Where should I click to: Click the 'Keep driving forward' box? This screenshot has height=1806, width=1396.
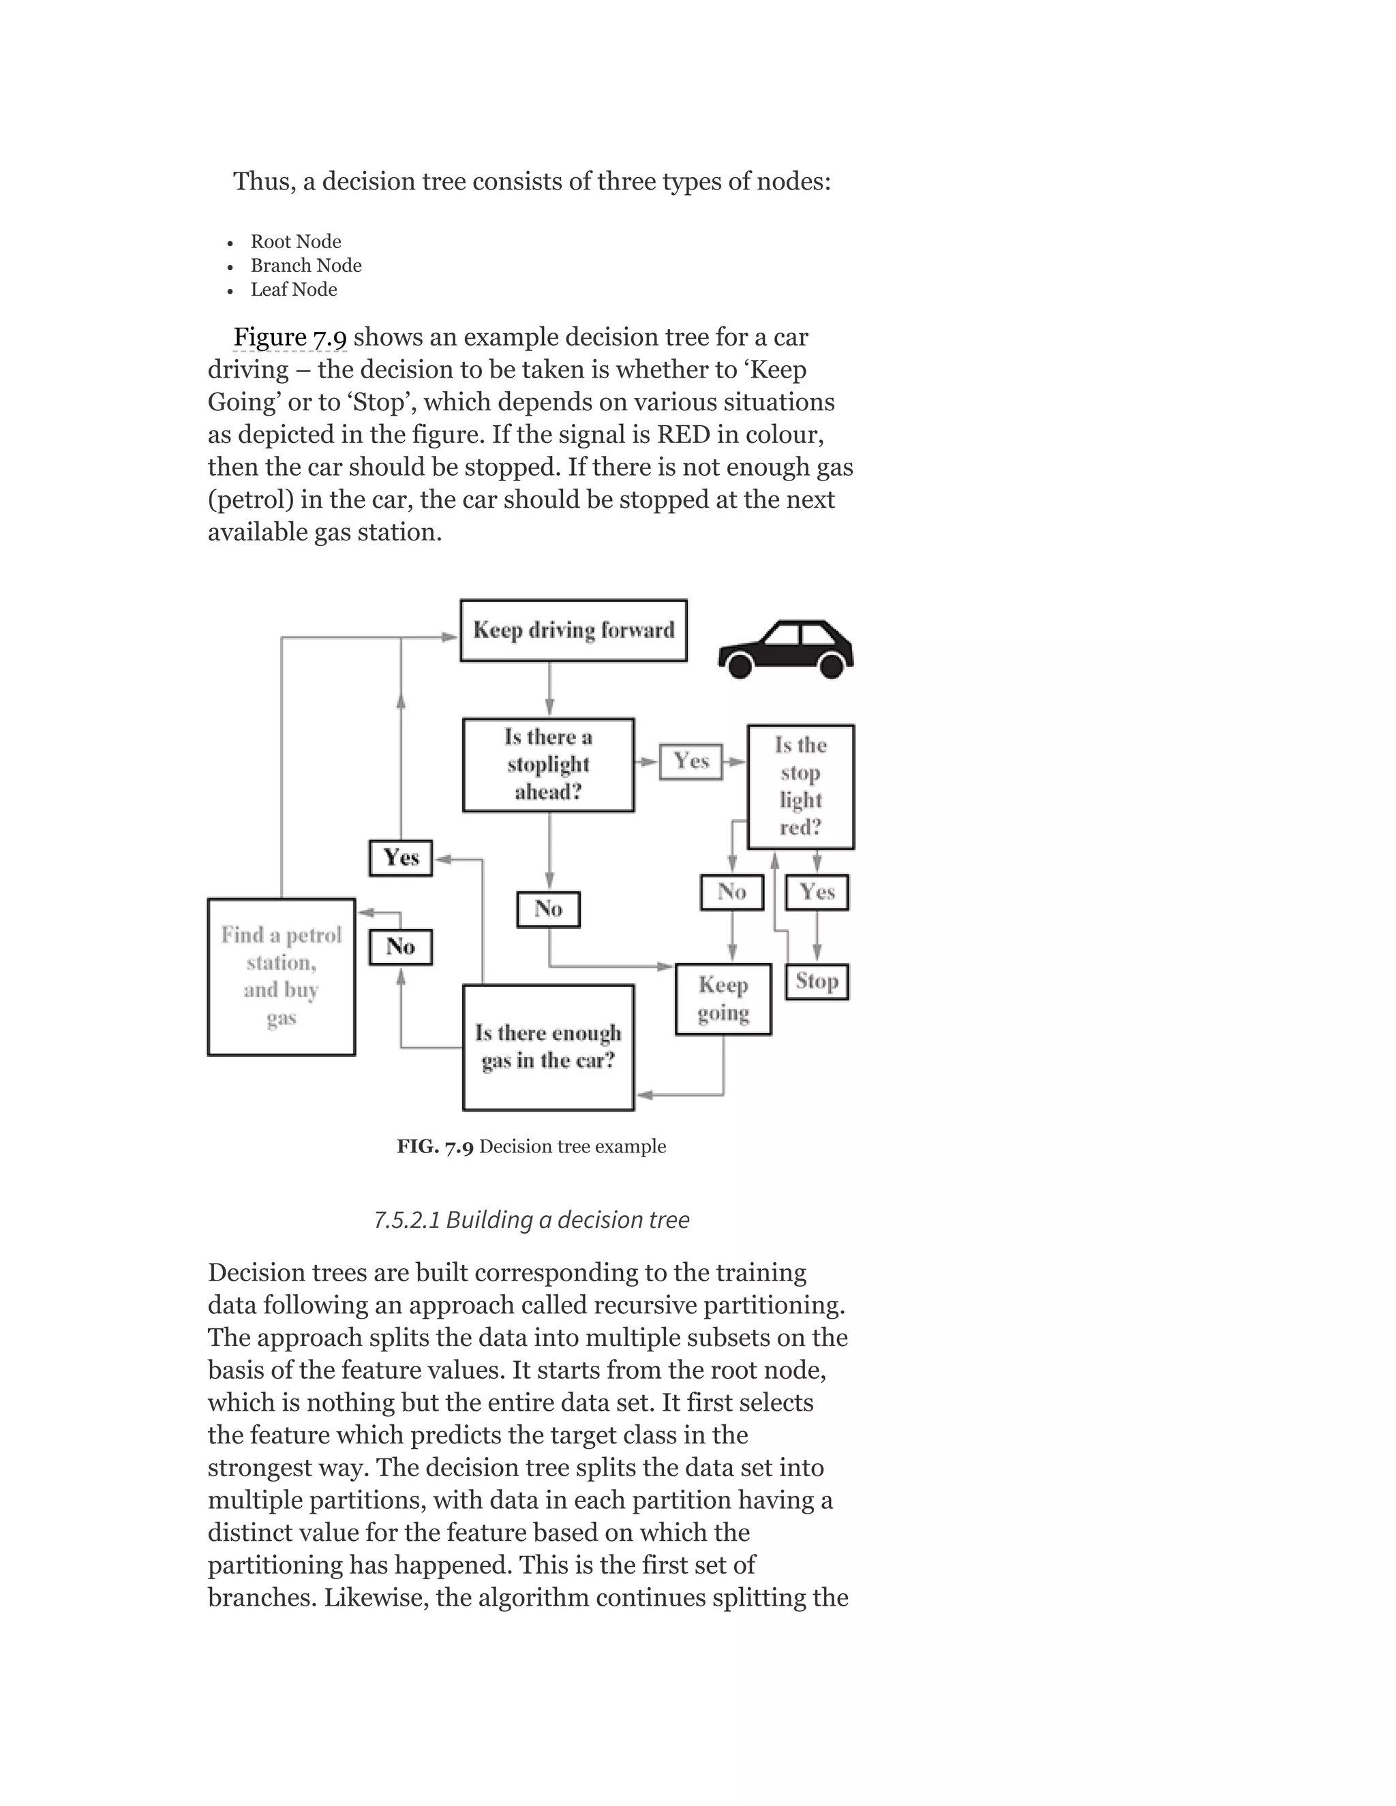(573, 630)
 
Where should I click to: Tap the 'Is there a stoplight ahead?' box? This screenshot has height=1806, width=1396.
(548, 764)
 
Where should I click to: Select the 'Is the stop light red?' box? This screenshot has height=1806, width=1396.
(800, 786)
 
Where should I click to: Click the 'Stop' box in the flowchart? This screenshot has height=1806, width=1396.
(816, 981)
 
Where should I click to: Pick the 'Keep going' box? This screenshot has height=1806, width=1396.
(723, 999)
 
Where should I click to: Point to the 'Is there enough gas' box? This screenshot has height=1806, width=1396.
(548, 1047)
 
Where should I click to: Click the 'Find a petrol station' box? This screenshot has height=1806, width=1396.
(282, 977)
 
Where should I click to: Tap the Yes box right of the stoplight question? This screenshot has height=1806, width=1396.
(691, 761)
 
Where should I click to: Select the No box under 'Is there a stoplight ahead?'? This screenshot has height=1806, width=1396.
(548, 908)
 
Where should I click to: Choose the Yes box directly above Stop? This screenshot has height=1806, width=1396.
(816, 892)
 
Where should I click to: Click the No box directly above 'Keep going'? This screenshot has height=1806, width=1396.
(732, 892)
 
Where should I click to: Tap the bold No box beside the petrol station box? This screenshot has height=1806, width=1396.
(400, 947)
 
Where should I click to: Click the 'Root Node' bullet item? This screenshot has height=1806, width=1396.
(295, 241)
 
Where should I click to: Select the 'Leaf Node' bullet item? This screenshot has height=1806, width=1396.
(294, 290)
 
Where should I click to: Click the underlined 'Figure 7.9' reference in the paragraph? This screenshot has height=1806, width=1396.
(290, 337)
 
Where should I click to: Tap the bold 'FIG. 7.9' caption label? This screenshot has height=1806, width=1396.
(434, 1147)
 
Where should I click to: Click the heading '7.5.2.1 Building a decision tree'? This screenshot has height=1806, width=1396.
(531, 1220)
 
